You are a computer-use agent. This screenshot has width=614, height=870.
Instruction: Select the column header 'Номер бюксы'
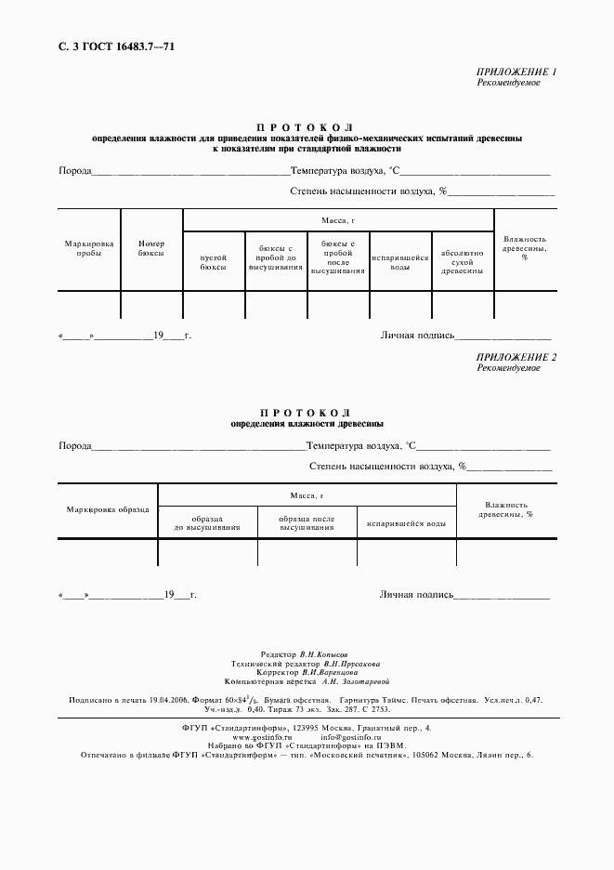(150, 247)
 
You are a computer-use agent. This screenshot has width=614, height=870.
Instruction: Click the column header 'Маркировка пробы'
(89, 247)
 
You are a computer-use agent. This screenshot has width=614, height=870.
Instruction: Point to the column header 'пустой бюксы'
(214, 261)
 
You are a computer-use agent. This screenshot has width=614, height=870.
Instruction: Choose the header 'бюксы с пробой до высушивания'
(276, 257)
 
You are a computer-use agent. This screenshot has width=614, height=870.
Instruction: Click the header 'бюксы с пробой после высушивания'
(338, 257)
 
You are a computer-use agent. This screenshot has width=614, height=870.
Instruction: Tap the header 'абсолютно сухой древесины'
(462, 261)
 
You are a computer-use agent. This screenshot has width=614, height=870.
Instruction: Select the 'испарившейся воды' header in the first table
(400, 261)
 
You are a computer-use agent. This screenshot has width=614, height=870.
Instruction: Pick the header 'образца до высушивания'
(207, 523)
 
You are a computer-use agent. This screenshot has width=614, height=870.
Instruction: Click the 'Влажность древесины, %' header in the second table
(505, 508)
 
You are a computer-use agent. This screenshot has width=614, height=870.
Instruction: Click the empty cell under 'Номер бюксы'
(150, 304)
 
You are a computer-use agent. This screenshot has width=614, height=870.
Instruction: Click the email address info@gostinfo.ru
(352, 735)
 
